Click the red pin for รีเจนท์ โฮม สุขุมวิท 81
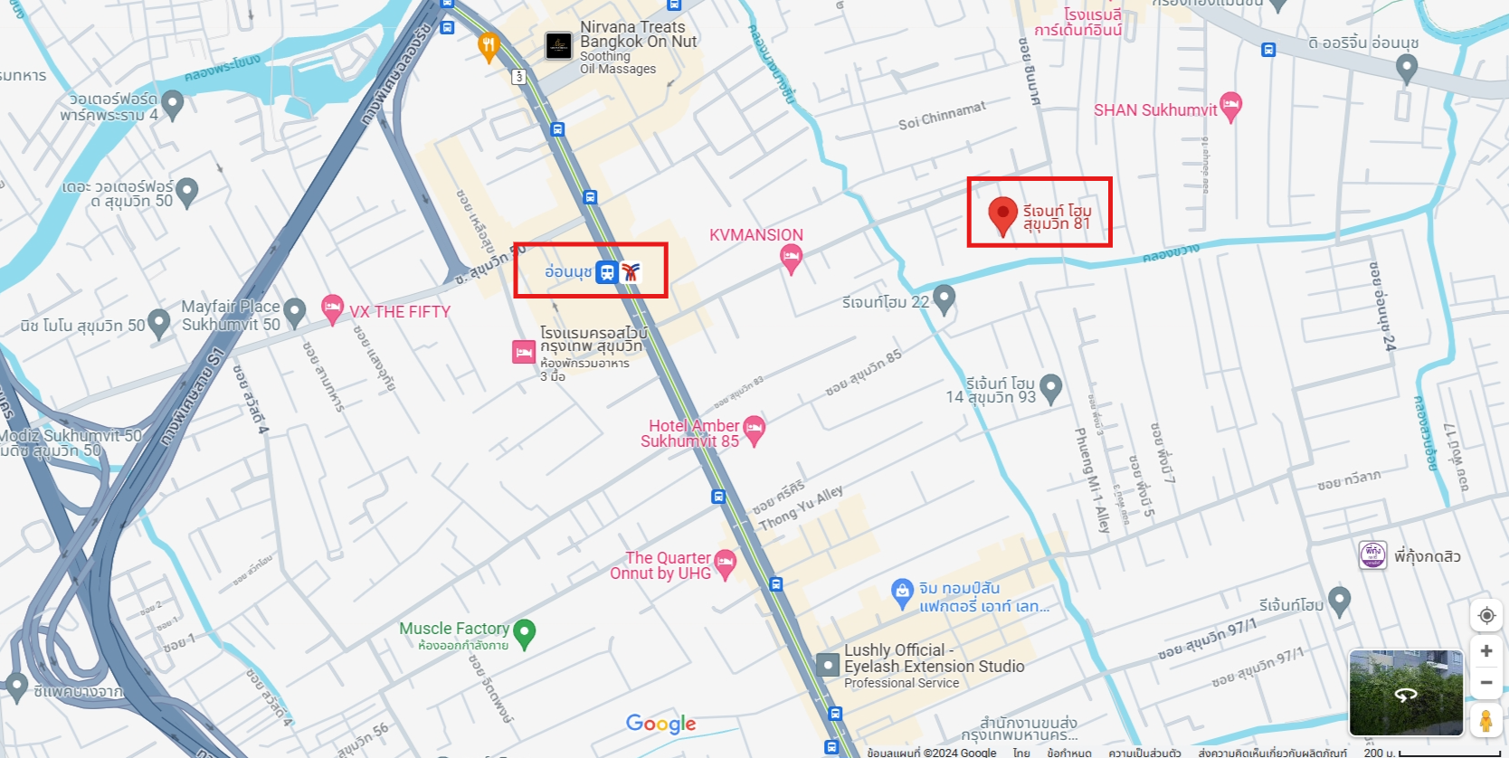pyautogui.click(x=1001, y=214)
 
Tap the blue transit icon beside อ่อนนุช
pyautogui.click(x=607, y=271)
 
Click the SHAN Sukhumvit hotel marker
pyautogui.click(x=1230, y=106)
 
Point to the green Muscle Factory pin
pyautogui.click(x=524, y=632)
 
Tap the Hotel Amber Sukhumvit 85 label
pyautogui.click(x=689, y=433)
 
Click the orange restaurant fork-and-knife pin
pyautogui.click(x=489, y=45)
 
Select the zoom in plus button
pyautogui.click(x=1485, y=651)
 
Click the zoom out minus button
pyautogui.click(x=1485, y=683)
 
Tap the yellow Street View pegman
pyautogui.click(x=1485, y=721)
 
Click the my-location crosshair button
pyautogui.click(x=1485, y=616)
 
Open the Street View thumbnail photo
pyautogui.click(x=1405, y=693)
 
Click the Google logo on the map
pyautogui.click(x=660, y=724)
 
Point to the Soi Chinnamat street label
pyautogui.click(x=942, y=117)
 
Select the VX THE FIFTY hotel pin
pyautogui.click(x=332, y=308)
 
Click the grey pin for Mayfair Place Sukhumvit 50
pyautogui.click(x=294, y=313)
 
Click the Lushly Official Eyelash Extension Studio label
pyautogui.click(x=933, y=659)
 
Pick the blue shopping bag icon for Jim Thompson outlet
pyautogui.click(x=902, y=592)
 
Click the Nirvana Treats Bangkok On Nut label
pyautogui.click(x=638, y=34)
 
